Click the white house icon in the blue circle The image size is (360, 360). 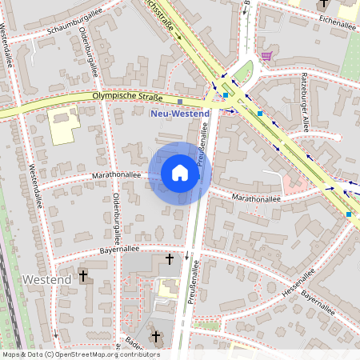[x=180, y=173]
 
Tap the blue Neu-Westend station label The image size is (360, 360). [x=181, y=114]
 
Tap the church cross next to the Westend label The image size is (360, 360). [x=83, y=277]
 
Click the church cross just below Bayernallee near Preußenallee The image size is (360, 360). [x=169, y=259]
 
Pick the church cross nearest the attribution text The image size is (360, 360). [x=156, y=337]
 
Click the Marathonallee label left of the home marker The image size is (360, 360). [x=117, y=174]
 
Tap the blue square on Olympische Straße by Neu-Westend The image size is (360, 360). [x=181, y=102]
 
